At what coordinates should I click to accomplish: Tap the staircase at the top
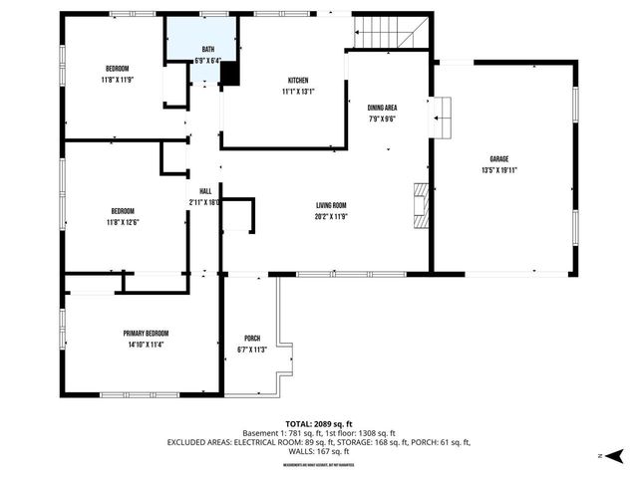[390, 33]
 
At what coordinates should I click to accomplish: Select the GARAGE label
[498, 159]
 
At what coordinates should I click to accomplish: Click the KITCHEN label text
[298, 81]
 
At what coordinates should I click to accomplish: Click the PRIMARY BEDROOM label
[146, 333]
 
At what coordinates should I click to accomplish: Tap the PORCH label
[252, 339]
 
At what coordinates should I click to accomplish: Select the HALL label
[205, 191]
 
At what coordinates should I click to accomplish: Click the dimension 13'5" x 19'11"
[498, 170]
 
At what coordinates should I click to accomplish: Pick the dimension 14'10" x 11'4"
[146, 345]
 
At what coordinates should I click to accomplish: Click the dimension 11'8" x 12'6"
[123, 222]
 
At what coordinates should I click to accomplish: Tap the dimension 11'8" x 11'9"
[118, 79]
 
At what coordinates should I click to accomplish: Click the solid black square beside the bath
[228, 74]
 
